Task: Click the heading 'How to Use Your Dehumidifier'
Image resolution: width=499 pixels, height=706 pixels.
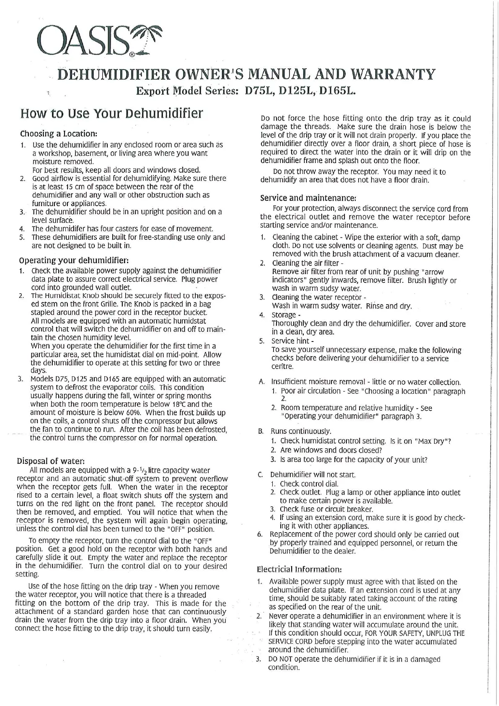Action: click(111, 114)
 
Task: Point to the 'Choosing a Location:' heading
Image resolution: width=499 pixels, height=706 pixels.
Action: click(59, 134)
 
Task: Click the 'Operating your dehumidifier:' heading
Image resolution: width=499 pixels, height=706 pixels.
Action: click(72, 259)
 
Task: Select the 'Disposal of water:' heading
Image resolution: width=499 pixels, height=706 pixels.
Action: click(51, 461)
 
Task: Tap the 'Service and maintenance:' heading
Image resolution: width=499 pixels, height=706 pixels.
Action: click(308, 198)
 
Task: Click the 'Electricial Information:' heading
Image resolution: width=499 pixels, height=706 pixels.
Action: click(299, 569)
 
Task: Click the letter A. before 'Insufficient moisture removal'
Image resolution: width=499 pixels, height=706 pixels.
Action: click(261, 382)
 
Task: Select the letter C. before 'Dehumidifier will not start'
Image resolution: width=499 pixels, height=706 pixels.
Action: click(261, 475)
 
